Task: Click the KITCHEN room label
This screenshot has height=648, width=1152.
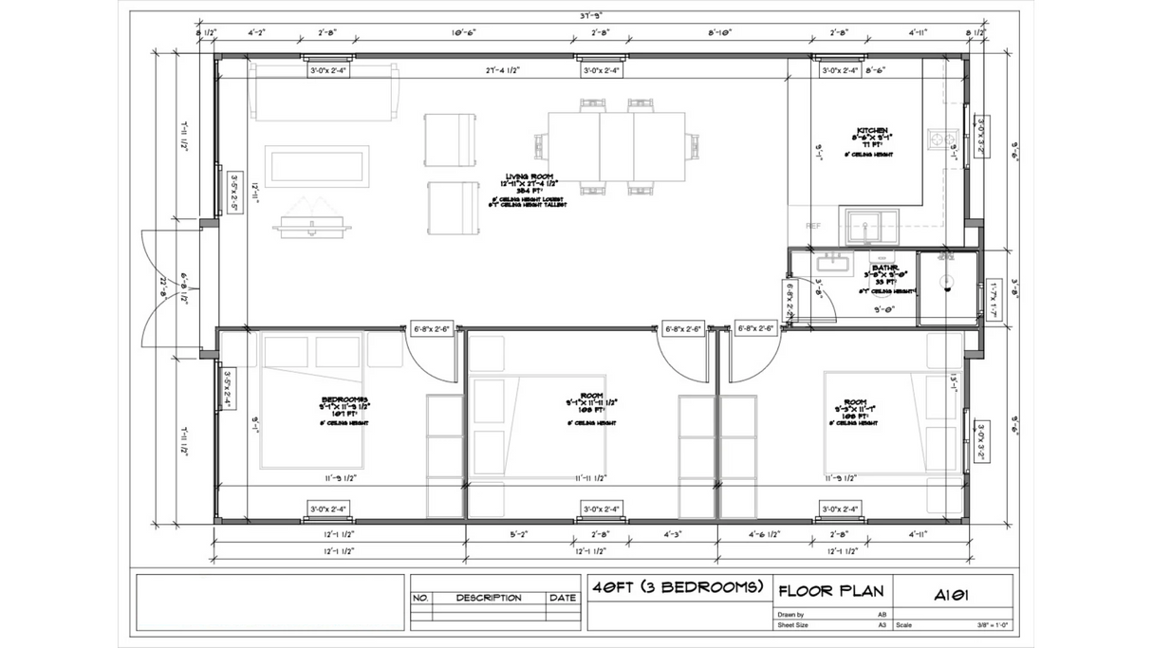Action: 871,131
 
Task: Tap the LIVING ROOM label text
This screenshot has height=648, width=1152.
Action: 530,176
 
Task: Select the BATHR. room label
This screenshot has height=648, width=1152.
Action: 884,268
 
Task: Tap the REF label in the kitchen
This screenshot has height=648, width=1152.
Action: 813,226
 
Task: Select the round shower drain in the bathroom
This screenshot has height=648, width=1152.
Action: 945,280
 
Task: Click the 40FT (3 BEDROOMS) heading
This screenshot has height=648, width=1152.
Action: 678,586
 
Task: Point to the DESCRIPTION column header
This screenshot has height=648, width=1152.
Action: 489,598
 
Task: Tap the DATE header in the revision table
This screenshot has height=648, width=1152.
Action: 562,598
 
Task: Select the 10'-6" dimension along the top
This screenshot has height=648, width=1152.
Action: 463,32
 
